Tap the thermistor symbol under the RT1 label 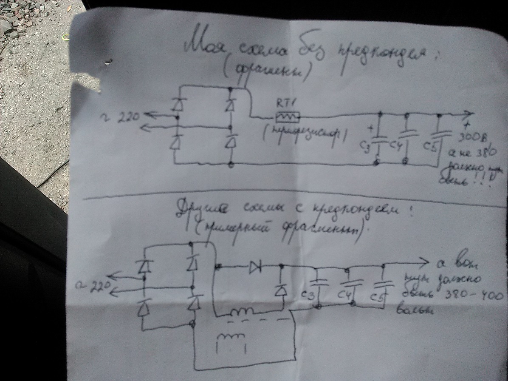point(288,116)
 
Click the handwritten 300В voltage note point(473,139)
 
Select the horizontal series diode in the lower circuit point(255,267)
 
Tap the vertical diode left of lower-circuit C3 point(280,290)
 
